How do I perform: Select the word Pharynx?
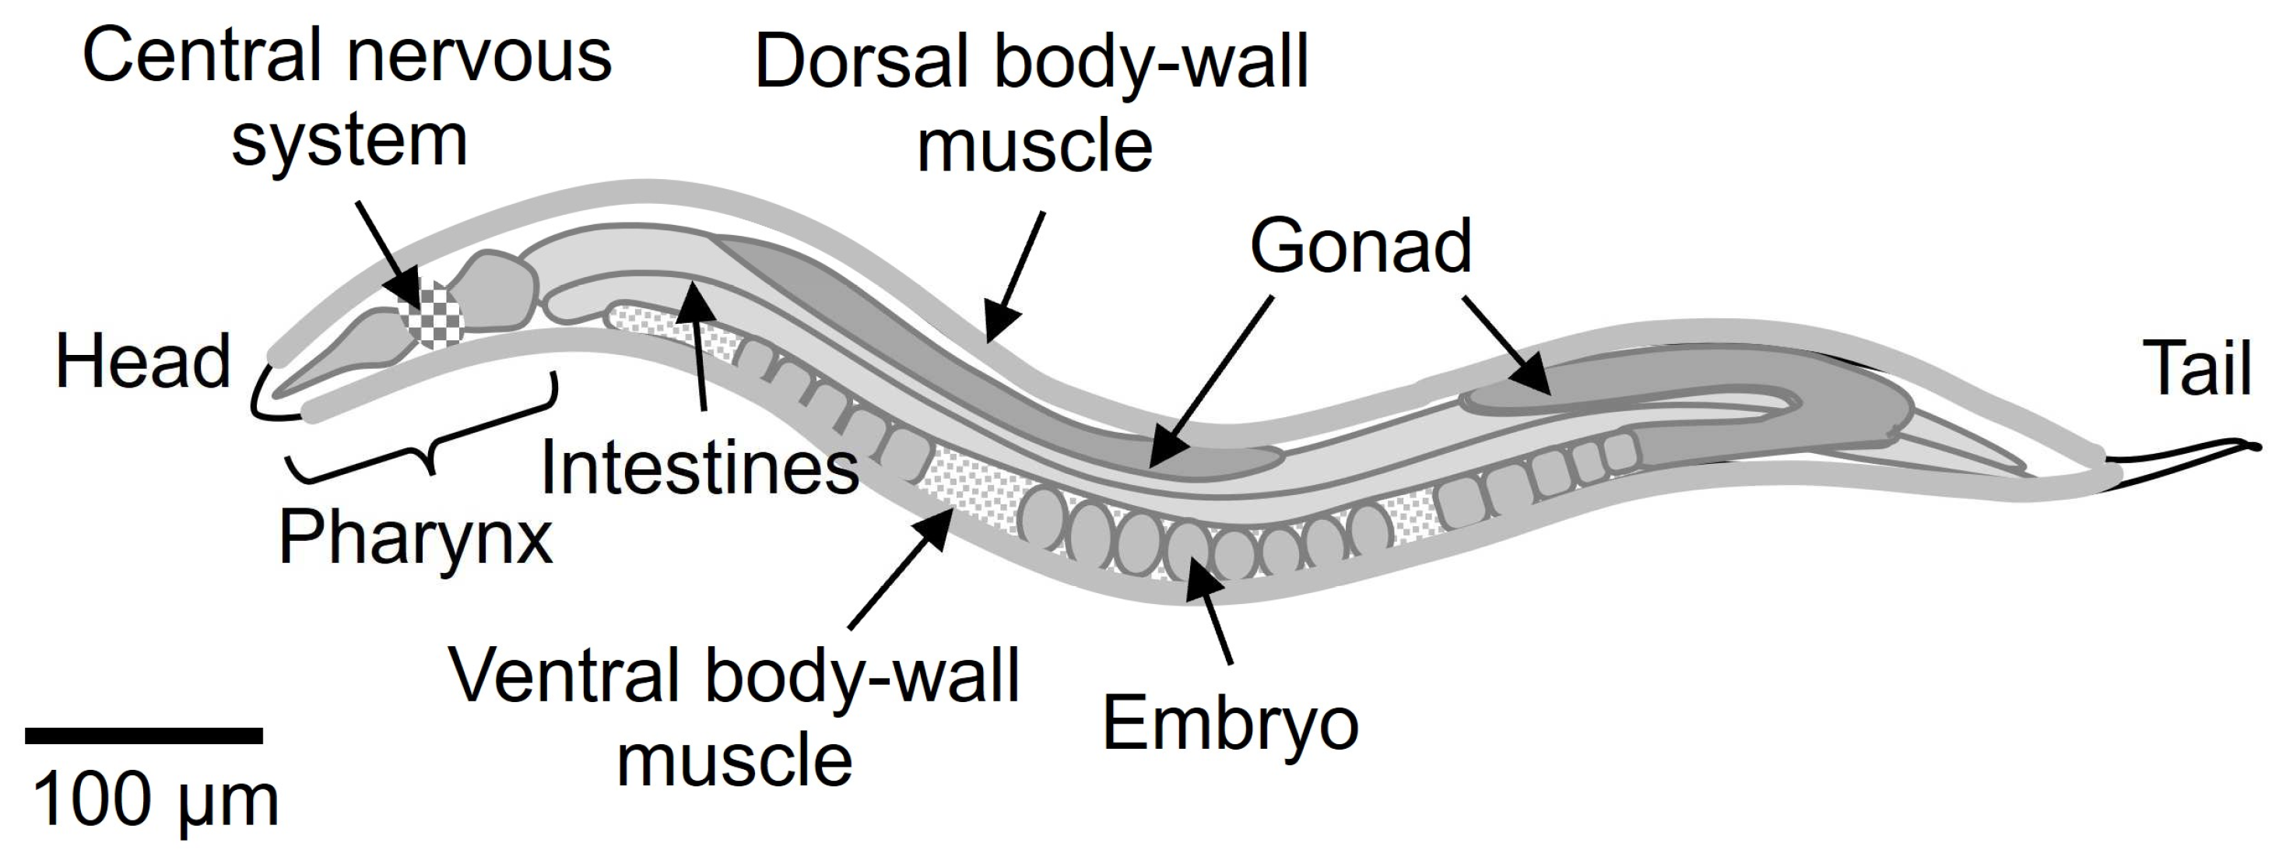[416, 538]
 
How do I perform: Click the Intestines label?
[699, 468]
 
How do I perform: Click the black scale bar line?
[144, 736]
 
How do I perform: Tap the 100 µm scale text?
[156, 801]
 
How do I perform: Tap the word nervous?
[479, 55]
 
